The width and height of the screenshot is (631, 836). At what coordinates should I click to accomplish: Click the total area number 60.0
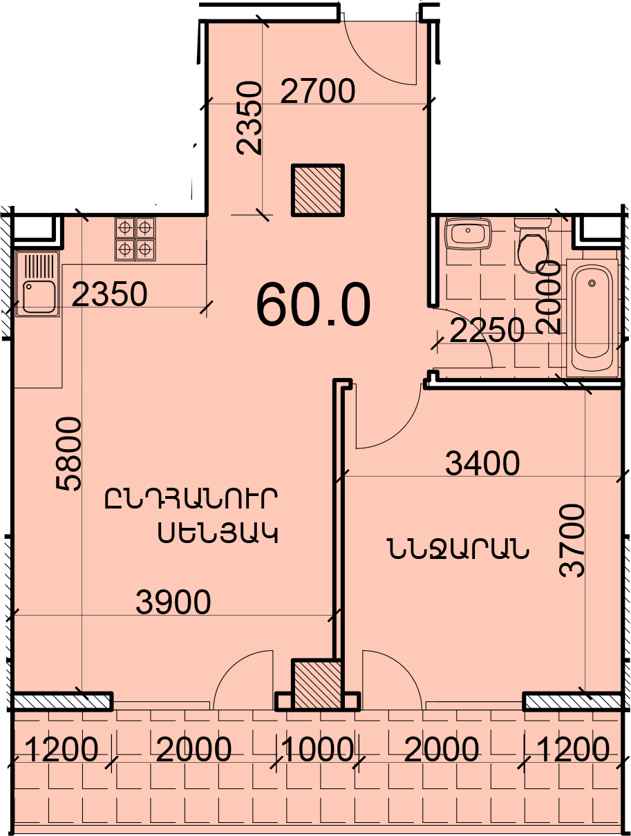313,305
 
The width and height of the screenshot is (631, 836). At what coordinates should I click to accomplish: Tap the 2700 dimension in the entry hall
318,91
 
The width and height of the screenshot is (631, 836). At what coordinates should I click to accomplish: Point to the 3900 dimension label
173,603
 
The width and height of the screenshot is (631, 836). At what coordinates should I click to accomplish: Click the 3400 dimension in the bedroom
482,464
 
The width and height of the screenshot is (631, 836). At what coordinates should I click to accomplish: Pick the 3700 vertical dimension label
573,540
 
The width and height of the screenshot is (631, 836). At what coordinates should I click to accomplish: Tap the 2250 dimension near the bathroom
487,332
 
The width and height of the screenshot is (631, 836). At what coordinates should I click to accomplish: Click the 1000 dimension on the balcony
318,750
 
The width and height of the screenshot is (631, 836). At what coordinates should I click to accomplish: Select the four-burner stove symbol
135,238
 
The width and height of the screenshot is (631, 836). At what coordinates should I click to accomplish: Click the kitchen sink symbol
39,283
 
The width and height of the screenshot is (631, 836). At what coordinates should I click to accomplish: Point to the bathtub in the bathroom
592,318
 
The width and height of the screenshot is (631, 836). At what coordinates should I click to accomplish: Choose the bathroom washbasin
468,234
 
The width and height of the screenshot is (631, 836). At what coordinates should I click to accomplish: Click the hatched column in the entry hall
317,190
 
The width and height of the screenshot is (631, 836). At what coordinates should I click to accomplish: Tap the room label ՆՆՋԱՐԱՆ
458,550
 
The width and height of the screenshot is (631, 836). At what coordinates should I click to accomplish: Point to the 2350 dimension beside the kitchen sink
110,295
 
